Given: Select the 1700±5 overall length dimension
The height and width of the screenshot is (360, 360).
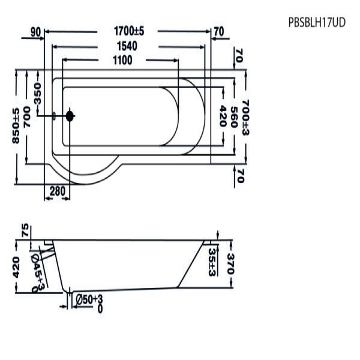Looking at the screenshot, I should [x=127, y=31].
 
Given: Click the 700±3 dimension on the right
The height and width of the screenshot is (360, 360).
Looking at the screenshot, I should [x=245, y=117].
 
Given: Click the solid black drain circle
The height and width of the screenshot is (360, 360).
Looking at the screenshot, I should [x=70, y=116].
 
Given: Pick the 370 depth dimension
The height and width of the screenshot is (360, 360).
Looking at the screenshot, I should [x=230, y=263].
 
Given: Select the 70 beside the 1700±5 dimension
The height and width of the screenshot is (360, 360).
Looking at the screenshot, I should [x=218, y=31].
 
